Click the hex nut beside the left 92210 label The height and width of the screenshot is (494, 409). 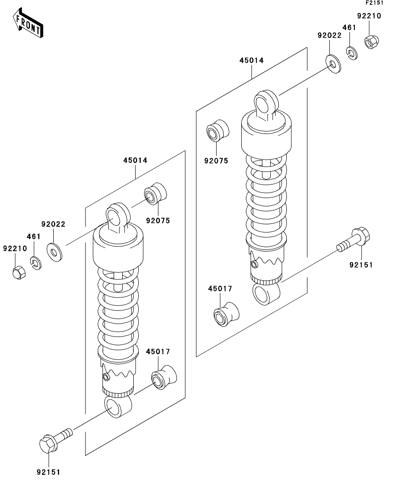pyautogui.click(x=18, y=271)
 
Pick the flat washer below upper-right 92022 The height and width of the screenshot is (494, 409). pyautogui.click(x=332, y=63)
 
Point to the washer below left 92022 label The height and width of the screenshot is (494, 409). pyautogui.click(x=55, y=252)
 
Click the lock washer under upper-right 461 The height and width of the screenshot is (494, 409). pyautogui.click(x=352, y=53)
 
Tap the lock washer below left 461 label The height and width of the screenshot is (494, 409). pyautogui.click(x=36, y=263)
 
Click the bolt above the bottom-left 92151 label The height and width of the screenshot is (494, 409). pyautogui.click(x=54, y=439)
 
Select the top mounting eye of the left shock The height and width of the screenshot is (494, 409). pyautogui.click(x=117, y=215)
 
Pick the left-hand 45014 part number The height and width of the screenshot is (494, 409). pyautogui.click(x=135, y=160)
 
